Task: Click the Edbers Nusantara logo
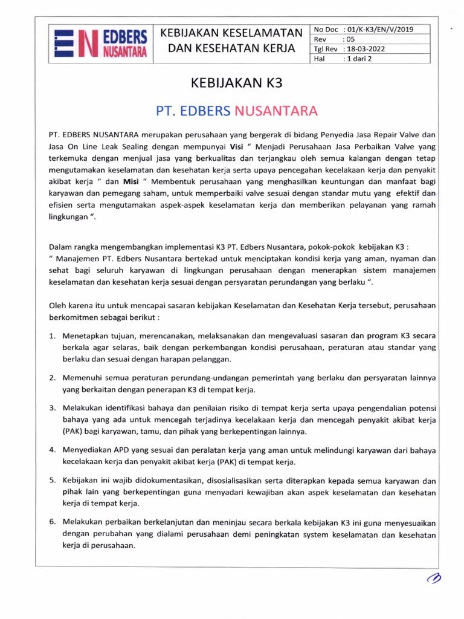click(100, 44)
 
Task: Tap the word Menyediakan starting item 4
click(86, 450)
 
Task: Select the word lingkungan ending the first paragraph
click(68, 218)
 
